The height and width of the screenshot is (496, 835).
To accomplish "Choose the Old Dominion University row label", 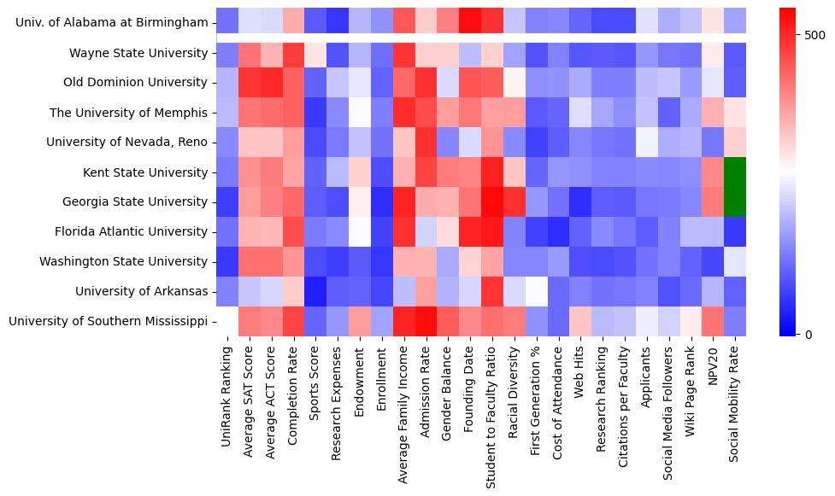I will (136, 83).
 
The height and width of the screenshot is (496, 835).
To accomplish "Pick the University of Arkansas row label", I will (142, 291).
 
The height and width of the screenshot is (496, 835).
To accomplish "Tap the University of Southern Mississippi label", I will (108, 321).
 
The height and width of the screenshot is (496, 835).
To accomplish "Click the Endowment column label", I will (360, 380).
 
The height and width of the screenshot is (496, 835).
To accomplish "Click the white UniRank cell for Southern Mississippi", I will (227, 321).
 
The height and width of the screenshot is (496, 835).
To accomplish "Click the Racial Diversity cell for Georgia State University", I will (514, 202).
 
